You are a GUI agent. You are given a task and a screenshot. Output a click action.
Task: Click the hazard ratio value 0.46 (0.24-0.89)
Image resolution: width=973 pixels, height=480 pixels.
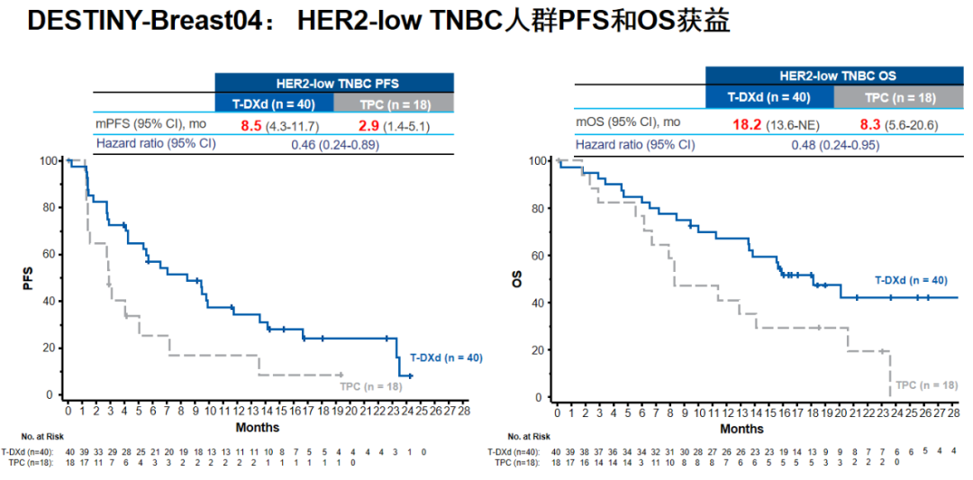click(x=335, y=144)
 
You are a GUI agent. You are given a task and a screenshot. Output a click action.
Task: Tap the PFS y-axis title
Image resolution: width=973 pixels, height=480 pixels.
click(x=27, y=277)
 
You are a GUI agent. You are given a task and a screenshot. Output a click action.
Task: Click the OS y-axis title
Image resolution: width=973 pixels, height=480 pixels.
click(x=517, y=279)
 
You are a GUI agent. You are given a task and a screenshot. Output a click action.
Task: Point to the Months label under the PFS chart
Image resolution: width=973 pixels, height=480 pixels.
click(x=258, y=427)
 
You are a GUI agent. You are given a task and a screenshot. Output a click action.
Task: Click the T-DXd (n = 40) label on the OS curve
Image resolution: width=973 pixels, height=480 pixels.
click(x=910, y=280)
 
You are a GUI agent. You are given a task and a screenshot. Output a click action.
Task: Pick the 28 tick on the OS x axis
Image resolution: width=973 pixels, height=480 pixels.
click(x=952, y=412)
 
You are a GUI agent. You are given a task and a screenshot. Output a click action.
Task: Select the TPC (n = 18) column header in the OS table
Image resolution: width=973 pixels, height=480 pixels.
click(x=900, y=97)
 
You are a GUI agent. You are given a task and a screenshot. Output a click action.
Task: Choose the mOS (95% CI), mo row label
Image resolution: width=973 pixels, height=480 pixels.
click(x=628, y=122)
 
